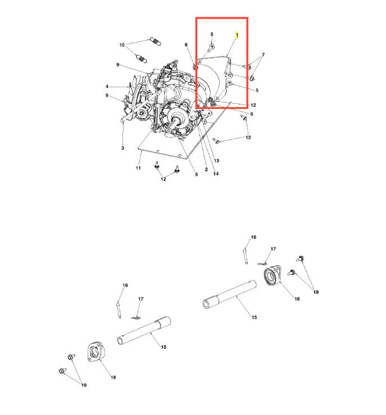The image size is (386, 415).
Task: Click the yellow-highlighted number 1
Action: pos(237,35)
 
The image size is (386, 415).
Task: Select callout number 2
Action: pos(206,170)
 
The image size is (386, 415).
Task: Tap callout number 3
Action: pos(122,148)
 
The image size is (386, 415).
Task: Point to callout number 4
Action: pos(107,86)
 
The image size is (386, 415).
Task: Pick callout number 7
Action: pos(263,55)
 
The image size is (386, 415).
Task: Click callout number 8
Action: pos(197,175)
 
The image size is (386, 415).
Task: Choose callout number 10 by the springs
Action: pos(122,45)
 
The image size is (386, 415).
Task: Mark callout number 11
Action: pos(138,168)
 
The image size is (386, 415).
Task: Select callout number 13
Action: pos(216,161)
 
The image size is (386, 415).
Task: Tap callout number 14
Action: pos(216,174)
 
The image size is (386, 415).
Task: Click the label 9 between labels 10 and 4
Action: pos(118,65)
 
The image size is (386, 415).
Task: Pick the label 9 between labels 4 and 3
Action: pos(107,95)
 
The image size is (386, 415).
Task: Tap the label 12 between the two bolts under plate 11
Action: pos(164,179)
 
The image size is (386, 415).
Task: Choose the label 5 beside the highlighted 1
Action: pos(212,34)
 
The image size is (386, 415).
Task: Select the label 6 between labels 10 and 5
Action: pos(186,45)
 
